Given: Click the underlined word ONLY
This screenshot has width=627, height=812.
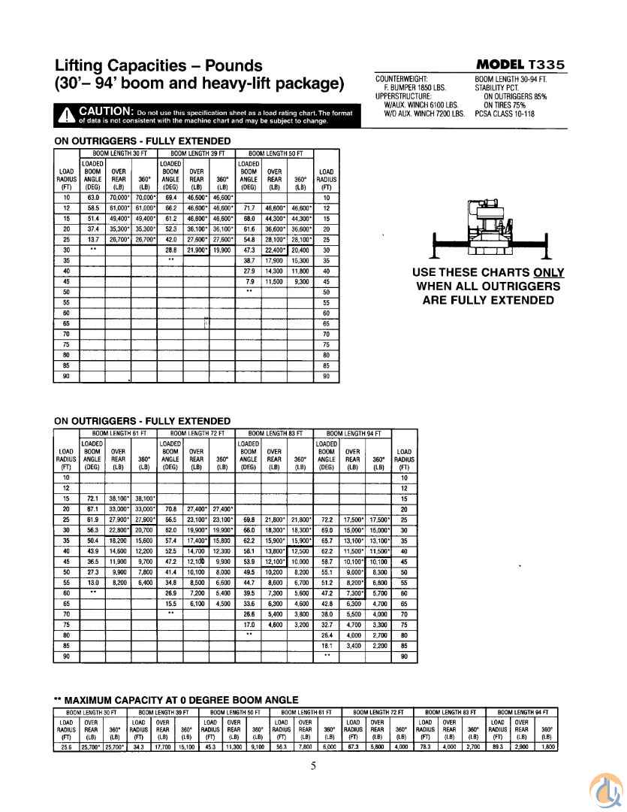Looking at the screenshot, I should tap(538, 272).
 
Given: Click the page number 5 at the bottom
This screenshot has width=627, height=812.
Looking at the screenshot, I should tap(314, 766).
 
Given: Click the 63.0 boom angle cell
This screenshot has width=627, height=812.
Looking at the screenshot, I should tap(93, 197).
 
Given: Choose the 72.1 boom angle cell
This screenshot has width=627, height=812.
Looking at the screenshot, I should tap(92, 498).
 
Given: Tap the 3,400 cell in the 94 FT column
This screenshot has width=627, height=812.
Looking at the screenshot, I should tap(352, 645).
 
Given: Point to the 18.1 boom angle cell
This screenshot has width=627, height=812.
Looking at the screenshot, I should tap(327, 645).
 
